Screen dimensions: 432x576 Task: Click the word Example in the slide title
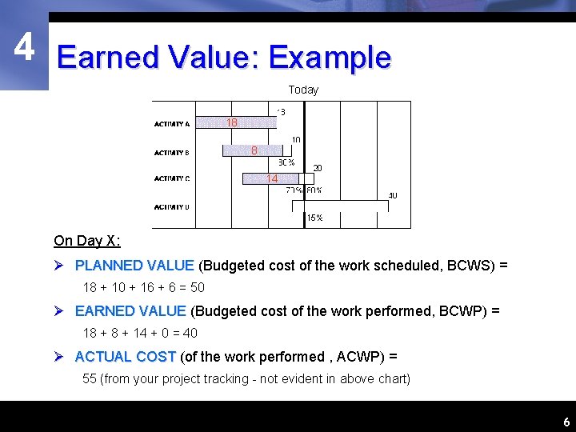click(330, 58)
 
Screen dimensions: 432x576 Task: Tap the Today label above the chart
click(303, 90)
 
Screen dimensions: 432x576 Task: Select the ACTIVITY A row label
click(172, 124)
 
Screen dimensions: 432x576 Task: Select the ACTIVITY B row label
click(172, 152)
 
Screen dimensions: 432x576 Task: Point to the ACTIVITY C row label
click(172, 178)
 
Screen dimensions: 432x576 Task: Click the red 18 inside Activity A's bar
click(232, 122)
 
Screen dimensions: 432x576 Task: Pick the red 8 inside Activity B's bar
click(254, 150)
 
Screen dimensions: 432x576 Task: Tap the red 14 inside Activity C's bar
click(273, 179)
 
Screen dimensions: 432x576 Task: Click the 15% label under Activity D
click(314, 218)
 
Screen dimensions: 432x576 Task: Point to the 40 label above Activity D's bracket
click(393, 195)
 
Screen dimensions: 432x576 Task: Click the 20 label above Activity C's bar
click(318, 168)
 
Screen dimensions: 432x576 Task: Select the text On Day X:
click(87, 241)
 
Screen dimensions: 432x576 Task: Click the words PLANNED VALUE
click(134, 265)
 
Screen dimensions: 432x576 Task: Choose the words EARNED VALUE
click(130, 310)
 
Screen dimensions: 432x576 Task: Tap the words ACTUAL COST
click(126, 356)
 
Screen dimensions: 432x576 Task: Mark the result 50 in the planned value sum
click(197, 287)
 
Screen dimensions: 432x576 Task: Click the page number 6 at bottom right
click(566, 422)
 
